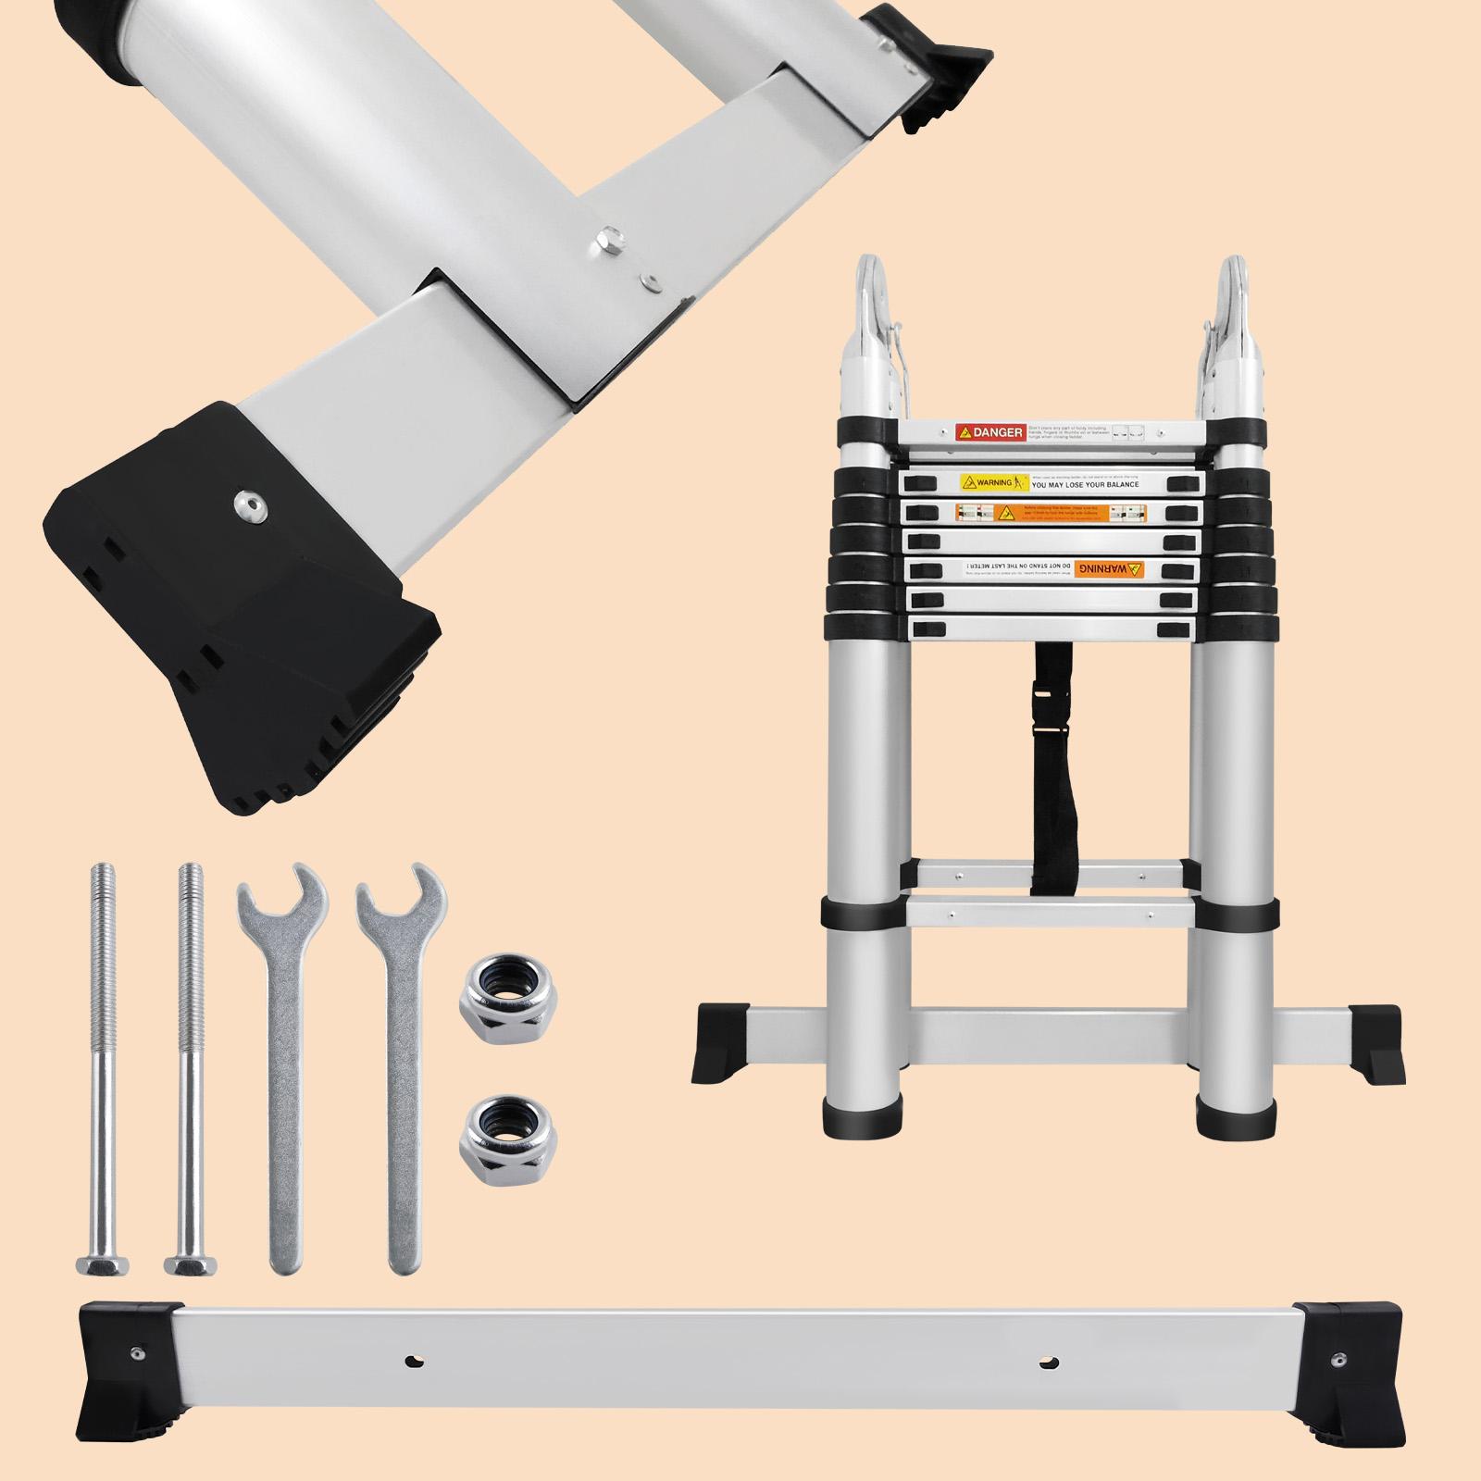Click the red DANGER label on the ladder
[988, 432]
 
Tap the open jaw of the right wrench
[403, 889]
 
